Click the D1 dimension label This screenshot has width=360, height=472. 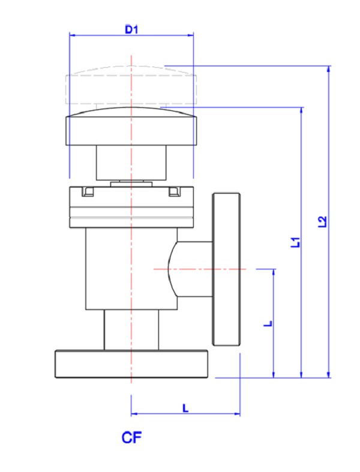[x=131, y=29]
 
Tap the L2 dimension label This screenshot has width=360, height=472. [x=322, y=221]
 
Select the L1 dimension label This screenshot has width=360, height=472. [x=295, y=242]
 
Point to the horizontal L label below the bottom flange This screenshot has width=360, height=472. [x=185, y=408]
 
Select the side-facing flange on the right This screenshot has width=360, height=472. [x=226, y=269]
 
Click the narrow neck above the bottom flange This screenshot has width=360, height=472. [x=131, y=330]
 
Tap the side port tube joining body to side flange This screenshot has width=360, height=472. [x=193, y=269]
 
